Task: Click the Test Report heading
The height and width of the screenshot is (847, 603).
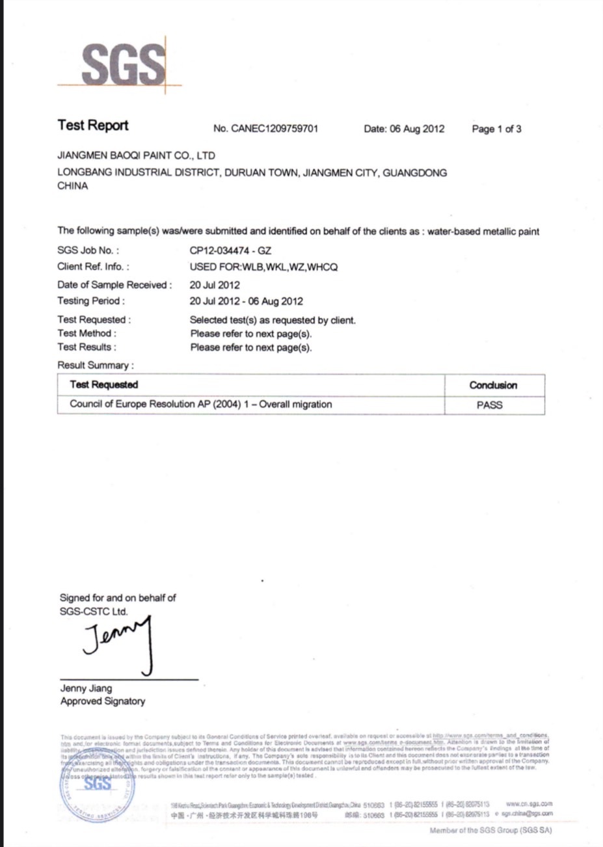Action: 92,126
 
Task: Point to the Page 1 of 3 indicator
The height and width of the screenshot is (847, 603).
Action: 496,129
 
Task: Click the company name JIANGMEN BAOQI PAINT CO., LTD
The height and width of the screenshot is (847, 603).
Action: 136,156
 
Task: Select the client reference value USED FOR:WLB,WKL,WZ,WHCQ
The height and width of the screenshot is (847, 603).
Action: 263,267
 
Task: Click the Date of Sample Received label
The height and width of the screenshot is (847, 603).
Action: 114,285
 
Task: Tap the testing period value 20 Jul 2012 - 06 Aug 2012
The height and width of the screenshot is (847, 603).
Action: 246,301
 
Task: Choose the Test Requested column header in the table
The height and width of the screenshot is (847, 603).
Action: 104,385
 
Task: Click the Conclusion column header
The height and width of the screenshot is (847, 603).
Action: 493,385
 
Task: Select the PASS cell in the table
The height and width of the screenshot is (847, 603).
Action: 489,405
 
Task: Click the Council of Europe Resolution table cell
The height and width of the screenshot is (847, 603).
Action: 200,404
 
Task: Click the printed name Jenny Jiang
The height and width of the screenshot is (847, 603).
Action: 86,688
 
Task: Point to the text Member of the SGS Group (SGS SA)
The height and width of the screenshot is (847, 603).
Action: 490,831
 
